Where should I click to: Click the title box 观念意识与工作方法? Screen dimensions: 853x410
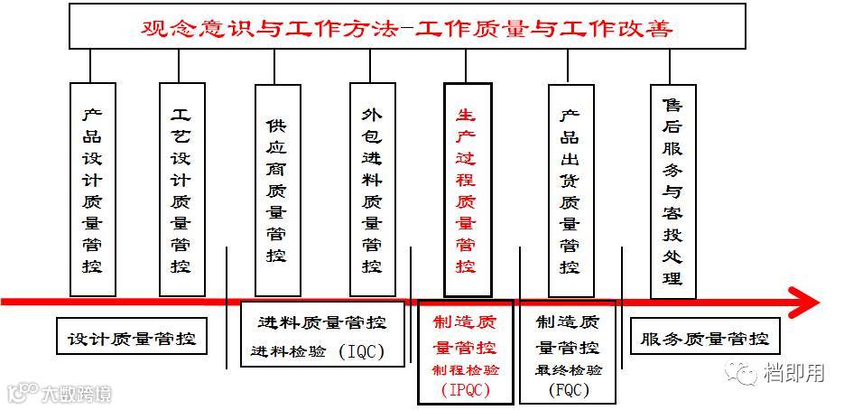[408, 26]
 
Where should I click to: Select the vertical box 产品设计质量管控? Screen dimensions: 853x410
[92, 190]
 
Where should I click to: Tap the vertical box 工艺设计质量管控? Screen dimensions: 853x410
[181, 190]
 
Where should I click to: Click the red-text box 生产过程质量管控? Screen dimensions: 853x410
[467, 190]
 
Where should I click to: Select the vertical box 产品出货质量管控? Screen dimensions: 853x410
[570, 191]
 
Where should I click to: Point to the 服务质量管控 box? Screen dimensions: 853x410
[705, 340]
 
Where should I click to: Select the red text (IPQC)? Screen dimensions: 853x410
[465, 390]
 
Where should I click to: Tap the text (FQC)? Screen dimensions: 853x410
[569, 390]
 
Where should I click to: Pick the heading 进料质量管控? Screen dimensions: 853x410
[321, 322]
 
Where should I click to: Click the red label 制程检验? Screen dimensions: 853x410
[466, 370]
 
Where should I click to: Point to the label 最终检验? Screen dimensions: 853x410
[569, 370]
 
